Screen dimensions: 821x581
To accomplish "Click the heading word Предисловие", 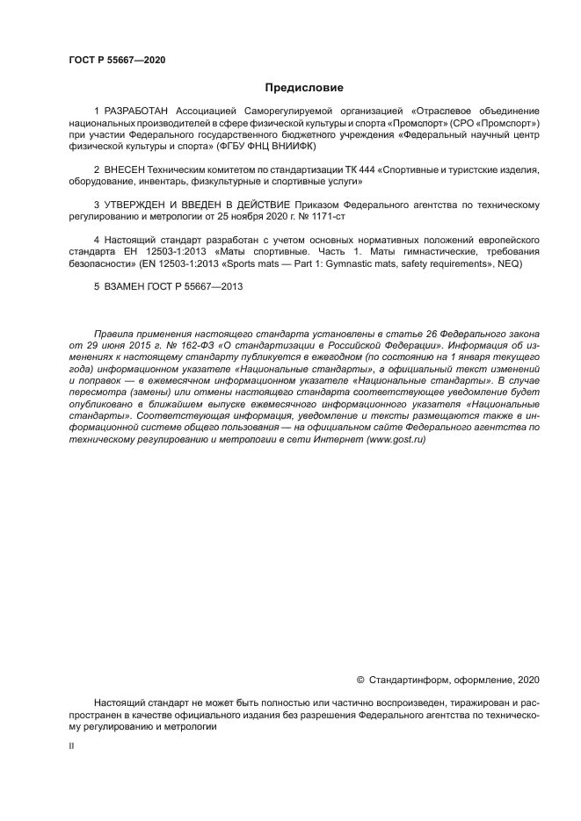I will (x=304, y=88).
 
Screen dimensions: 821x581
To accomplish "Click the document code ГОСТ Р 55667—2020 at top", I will (x=117, y=60).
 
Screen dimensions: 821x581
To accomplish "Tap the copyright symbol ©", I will (x=359, y=679).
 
